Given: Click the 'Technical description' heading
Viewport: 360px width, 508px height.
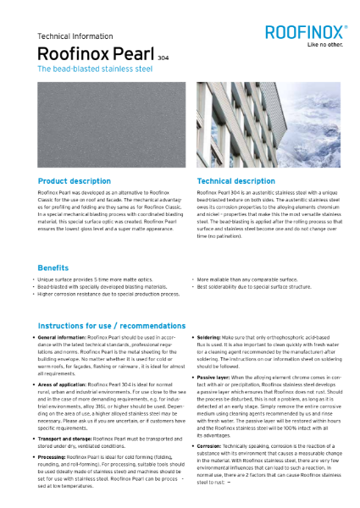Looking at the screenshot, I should coord(235,181).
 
